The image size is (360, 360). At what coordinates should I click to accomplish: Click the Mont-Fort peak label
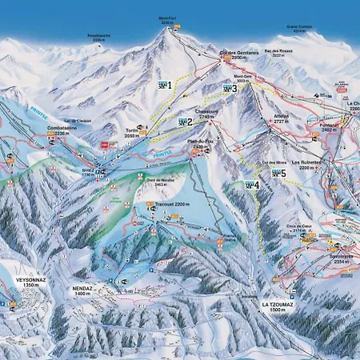point(166,20)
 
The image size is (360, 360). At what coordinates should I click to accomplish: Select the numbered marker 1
point(165,84)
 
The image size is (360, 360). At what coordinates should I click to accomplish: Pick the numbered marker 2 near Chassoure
point(184,122)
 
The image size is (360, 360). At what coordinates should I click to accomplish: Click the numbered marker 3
point(229,89)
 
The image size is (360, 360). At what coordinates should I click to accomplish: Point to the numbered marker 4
point(252,185)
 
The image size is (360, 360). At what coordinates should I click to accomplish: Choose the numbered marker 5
point(278,173)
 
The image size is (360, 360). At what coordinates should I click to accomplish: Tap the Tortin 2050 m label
point(133,134)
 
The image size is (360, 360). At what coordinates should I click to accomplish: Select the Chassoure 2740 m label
point(207,115)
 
